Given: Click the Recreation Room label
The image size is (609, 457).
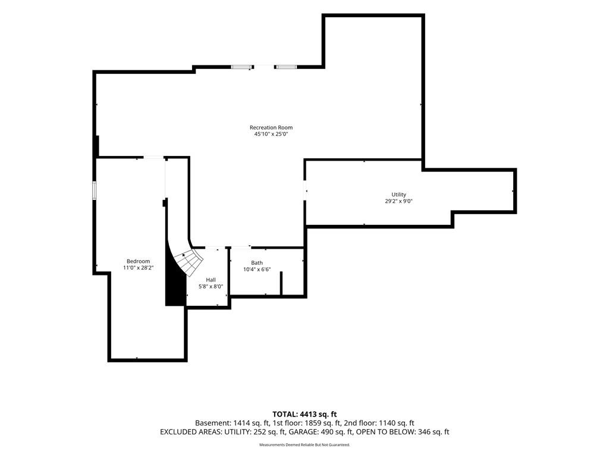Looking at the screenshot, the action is click(x=271, y=127).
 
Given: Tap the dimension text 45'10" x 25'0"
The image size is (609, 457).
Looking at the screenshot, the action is click(x=271, y=134).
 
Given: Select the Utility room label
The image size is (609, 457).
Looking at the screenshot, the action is click(x=398, y=195).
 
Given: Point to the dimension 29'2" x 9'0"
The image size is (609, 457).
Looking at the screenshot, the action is click(x=398, y=201).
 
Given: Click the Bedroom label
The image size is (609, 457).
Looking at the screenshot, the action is click(x=138, y=262).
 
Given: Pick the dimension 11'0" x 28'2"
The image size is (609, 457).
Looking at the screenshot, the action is click(x=138, y=268).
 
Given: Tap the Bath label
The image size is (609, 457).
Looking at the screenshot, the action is click(x=257, y=262).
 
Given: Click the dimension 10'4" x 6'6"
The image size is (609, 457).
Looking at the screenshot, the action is click(x=257, y=270).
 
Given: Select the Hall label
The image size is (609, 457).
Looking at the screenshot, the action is click(x=211, y=280).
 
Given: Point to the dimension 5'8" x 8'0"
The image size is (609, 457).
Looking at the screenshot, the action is click(x=211, y=287).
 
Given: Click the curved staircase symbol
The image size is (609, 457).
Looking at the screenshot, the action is click(x=189, y=262).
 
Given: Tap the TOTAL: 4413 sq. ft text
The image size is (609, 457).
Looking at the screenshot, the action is click(x=304, y=414).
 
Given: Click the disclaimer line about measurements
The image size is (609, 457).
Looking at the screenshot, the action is click(x=304, y=445).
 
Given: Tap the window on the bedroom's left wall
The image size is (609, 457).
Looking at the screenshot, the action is click(x=94, y=190).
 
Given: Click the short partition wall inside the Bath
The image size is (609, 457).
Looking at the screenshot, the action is click(x=281, y=284).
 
